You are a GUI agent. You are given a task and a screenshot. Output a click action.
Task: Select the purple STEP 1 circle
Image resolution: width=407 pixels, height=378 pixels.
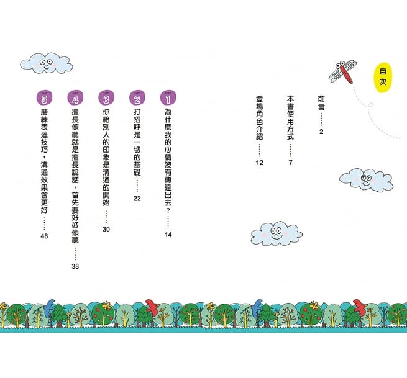point(167,98)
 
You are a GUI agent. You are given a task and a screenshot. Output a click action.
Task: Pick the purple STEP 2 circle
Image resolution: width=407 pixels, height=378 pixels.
point(136,98)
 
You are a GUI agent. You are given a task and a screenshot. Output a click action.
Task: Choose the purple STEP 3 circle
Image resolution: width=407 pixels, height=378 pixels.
point(106,98)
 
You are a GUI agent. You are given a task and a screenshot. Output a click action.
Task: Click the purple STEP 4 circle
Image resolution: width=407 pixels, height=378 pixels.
point(75,98)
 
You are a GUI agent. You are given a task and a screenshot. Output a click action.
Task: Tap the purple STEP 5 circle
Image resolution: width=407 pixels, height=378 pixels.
point(42,98)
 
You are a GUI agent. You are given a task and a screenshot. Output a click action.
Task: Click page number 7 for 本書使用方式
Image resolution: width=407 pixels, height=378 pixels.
point(290,163)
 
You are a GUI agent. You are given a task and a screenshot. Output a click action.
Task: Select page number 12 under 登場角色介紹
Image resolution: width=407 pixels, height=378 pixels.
point(260,163)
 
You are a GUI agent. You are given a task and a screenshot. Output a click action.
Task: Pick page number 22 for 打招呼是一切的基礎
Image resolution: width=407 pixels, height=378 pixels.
point(137,198)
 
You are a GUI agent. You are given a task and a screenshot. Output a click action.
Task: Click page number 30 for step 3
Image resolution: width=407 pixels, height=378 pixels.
point(106,229)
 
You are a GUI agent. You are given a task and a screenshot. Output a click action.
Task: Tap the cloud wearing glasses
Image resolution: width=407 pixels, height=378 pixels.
point(366,180)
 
